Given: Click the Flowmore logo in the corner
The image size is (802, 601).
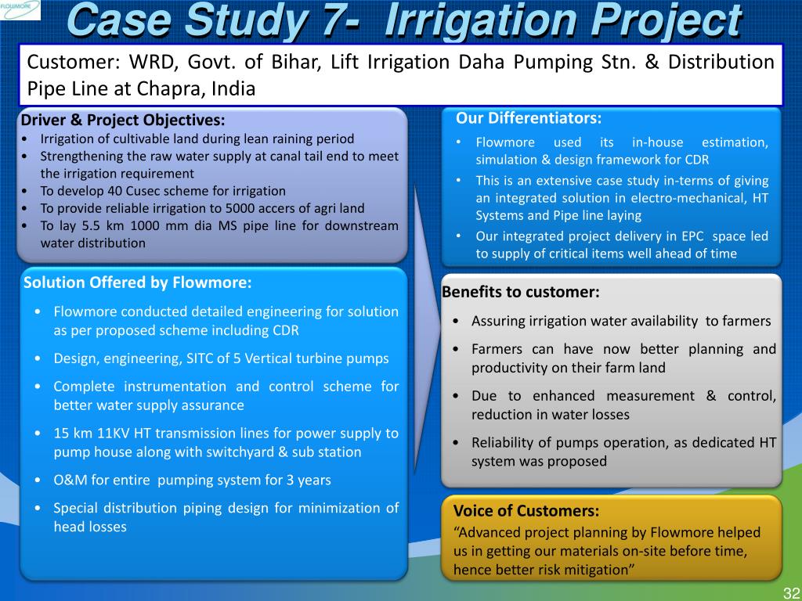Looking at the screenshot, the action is coord(20,9).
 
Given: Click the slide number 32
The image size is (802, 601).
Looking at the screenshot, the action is coord(791,593).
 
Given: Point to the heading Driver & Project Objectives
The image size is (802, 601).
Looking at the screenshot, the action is coord(123,120).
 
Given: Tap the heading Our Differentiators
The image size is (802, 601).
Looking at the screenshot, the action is coord(529,118).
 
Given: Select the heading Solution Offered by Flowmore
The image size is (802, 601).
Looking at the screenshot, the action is coord(138,283).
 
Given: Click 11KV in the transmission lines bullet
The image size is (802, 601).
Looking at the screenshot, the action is coord(113,434).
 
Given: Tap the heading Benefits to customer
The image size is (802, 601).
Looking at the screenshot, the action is coord(520,292).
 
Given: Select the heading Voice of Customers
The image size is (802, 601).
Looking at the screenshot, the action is coord(526,510).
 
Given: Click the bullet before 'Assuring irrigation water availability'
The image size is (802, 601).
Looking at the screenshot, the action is coord(457,322).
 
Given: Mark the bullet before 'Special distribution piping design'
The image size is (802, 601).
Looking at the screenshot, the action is coord(38,509).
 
